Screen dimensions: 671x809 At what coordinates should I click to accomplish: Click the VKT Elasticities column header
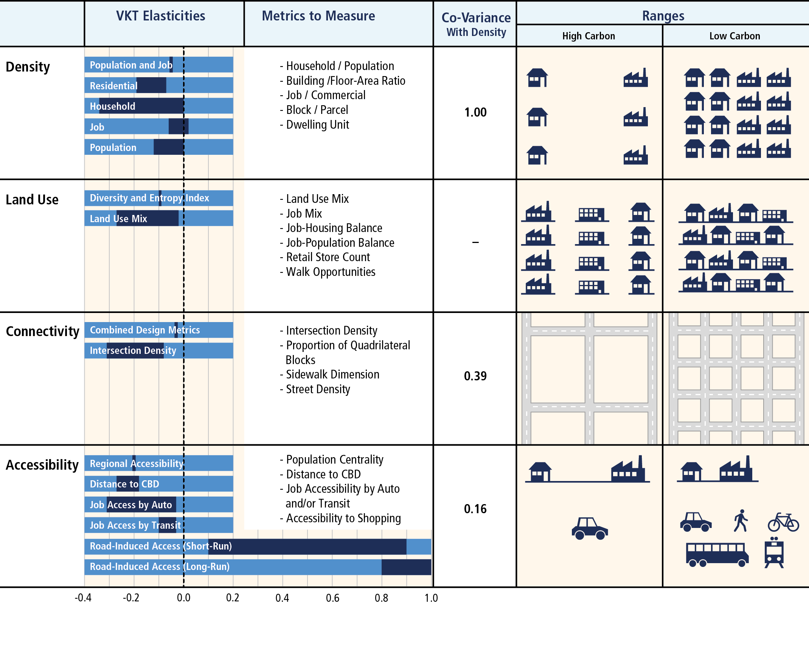pos(161,16)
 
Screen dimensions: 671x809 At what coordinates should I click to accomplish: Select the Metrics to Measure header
pos(318,16)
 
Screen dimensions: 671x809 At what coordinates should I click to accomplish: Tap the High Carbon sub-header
pos(588,36)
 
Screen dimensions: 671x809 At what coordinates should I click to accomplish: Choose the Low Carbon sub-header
pos(734,36)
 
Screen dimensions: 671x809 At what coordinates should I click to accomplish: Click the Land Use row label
pos(32,200)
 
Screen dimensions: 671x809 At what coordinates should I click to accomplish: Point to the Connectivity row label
pos(42,332)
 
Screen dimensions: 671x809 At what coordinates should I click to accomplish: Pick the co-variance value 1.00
pos(475,112)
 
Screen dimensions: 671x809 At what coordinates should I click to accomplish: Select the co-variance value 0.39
pos(475,376)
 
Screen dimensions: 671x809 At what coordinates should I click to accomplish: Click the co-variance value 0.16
pos(475,509)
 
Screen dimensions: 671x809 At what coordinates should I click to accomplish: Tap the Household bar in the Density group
pos(159,106)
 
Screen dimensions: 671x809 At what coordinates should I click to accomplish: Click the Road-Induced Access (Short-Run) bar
pos(257,546)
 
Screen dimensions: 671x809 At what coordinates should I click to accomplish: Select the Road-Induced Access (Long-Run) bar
pos(257,567)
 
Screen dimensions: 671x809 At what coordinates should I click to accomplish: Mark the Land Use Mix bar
pos(159,218)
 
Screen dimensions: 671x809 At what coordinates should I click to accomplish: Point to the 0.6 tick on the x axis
pos(332,598)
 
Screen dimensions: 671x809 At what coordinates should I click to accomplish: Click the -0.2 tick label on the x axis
pos(131,598)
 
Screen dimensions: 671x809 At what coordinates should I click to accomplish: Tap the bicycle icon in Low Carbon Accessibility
pos(783,522)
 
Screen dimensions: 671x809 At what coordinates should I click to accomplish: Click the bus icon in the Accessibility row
pos(717,554)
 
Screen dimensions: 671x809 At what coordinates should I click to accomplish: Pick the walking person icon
pos(741,521)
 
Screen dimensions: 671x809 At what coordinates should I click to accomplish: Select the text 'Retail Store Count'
pos(328,257)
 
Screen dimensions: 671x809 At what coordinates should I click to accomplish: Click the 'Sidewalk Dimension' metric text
pos(332,375)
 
